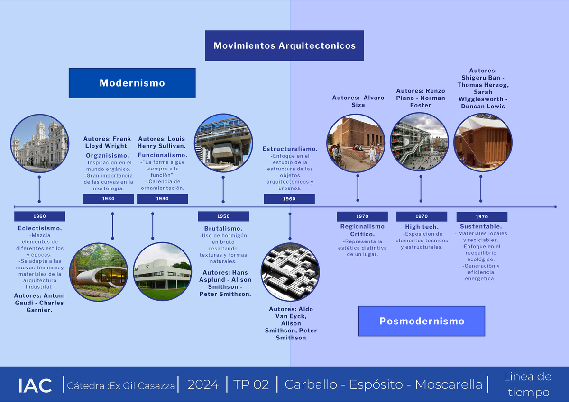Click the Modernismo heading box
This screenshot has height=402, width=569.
pyautogui.click(x=132, y=83)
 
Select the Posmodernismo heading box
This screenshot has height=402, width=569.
pyautogui.click(x=422, y=321)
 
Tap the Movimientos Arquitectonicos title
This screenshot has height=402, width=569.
pyautogui.click(x=284, y=46)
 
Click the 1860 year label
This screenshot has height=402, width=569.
pyautogui.click(x=39, y=216)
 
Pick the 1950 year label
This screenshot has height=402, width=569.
pyautogui.click(x=223, y=216)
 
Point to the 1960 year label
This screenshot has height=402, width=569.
pyautogui.click(x=289, y=199)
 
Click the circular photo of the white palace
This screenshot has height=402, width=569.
pyautogui.click(x=39, y=143)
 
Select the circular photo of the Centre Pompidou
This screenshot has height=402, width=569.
pyautogui.click(x=419, y=142)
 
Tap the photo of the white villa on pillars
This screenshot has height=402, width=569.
pyautogui.click(x=162, y=271)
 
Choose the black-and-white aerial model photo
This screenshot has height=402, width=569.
pyautogui.click(x=290, y=272)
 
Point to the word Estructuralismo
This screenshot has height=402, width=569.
pyautogui.click(x=290, y=149)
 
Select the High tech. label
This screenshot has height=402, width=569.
pyautogui.click(x=422, y=227)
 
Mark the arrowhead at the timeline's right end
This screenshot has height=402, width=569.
pyautogui.click(x=554, y=207)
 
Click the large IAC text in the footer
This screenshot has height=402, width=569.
pyautogui.click(x=35, y=385)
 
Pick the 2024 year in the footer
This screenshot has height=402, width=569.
pyautogui.click(x=203, y=384)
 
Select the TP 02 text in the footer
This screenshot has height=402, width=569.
pyautogui.click(x=251, y=384)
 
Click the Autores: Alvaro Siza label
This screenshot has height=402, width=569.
pyautogui.click(x=358, y=101)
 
